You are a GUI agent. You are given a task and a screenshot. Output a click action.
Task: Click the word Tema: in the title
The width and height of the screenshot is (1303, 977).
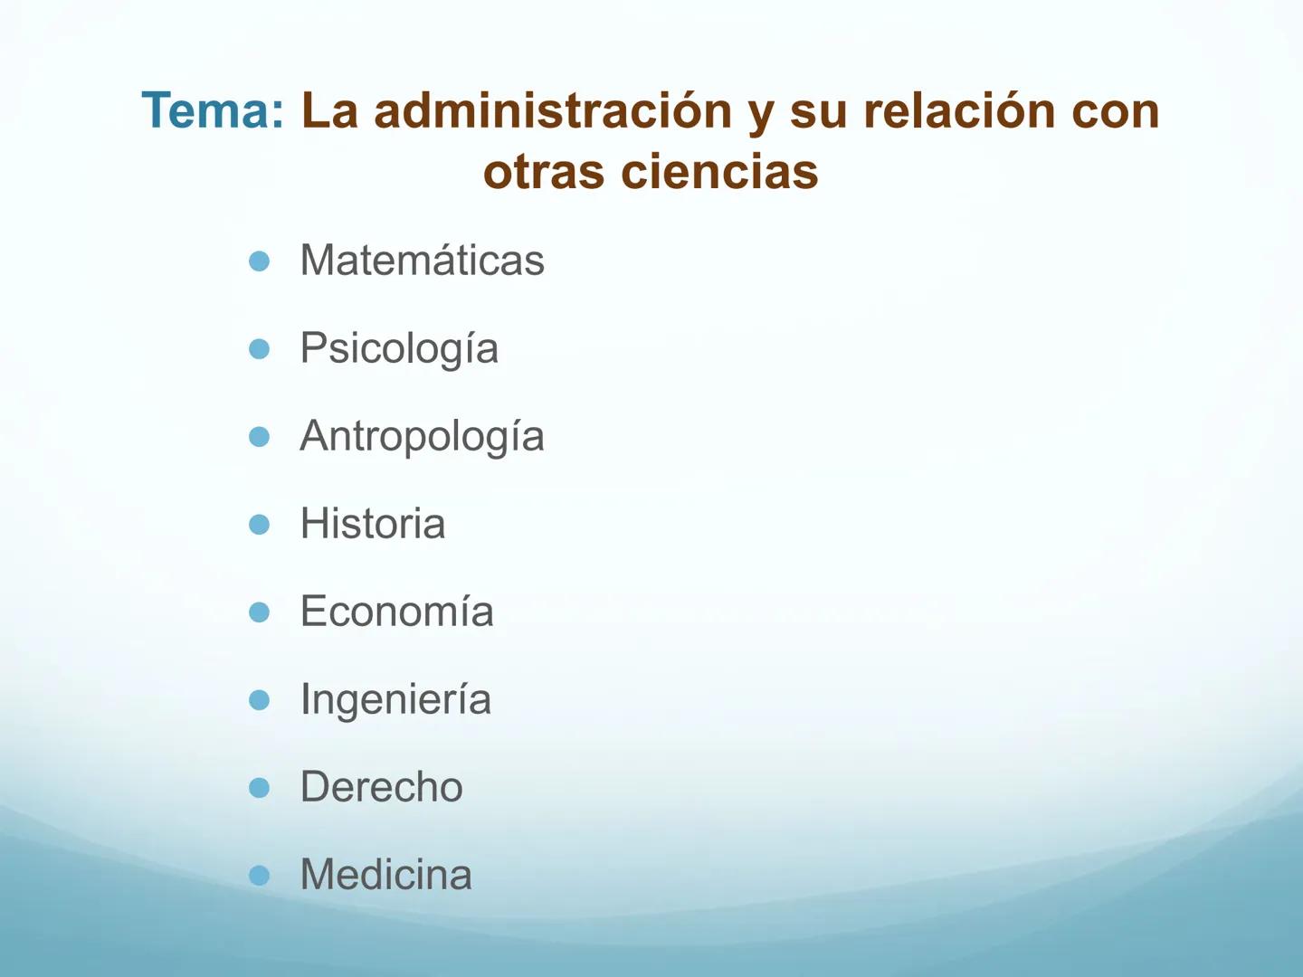point(213,111)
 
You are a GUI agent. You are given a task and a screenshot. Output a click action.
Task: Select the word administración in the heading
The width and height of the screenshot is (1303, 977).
point(552,111)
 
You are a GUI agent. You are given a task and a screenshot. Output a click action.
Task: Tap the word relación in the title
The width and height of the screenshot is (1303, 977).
point(959,111)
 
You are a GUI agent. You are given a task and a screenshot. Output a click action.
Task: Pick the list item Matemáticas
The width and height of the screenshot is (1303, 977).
point(422,261)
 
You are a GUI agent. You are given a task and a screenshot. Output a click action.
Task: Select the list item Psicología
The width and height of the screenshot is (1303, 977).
point(399,349)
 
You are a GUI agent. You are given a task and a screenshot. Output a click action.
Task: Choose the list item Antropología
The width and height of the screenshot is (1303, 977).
point(422,437)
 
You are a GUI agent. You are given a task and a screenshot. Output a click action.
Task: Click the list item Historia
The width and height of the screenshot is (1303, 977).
point(373,524)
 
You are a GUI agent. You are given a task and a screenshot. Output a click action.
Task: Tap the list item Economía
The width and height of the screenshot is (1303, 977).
point(396,612)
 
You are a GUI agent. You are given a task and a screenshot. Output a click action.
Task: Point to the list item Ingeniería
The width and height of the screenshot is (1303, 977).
point(395,700)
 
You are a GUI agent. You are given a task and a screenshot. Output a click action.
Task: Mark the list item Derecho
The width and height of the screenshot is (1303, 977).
point(381,787)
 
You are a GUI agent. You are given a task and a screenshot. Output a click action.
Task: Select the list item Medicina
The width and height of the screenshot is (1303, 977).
point(385,875)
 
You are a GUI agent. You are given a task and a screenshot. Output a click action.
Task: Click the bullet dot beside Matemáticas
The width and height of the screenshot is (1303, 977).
point(260,261)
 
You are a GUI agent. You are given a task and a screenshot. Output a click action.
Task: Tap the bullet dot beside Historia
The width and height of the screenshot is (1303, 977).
point(260,525)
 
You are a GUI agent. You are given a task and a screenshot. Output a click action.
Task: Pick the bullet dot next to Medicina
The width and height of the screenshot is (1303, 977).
point(260,876)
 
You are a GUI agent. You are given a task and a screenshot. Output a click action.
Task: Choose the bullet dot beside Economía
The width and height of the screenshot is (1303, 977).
point(260,612)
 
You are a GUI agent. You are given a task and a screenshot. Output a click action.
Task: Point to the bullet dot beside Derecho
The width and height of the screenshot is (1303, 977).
point(260,788)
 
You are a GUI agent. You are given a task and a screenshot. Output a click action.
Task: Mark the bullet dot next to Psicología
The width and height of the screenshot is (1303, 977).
point(260,349)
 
